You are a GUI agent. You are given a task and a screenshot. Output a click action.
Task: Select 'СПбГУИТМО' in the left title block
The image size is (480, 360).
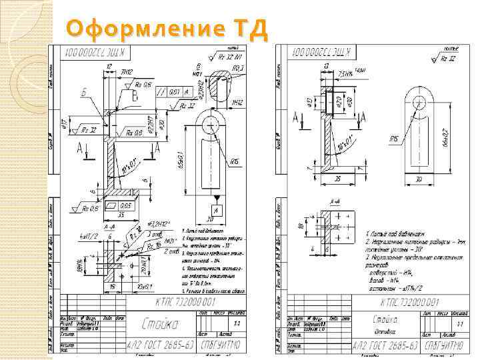pos(224,345)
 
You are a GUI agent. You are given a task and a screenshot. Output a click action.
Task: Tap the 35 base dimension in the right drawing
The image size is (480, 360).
pos(337,180)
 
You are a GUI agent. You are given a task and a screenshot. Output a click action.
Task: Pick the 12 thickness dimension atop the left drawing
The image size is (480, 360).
pos(107,67)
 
